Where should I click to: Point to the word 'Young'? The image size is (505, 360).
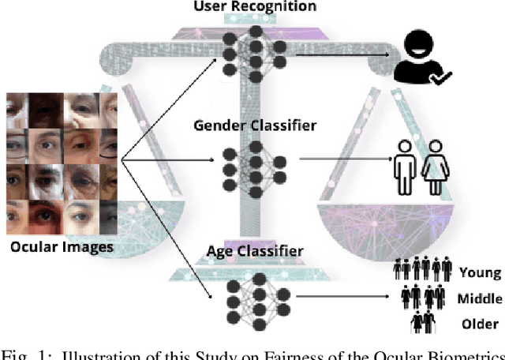pos(480,272)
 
